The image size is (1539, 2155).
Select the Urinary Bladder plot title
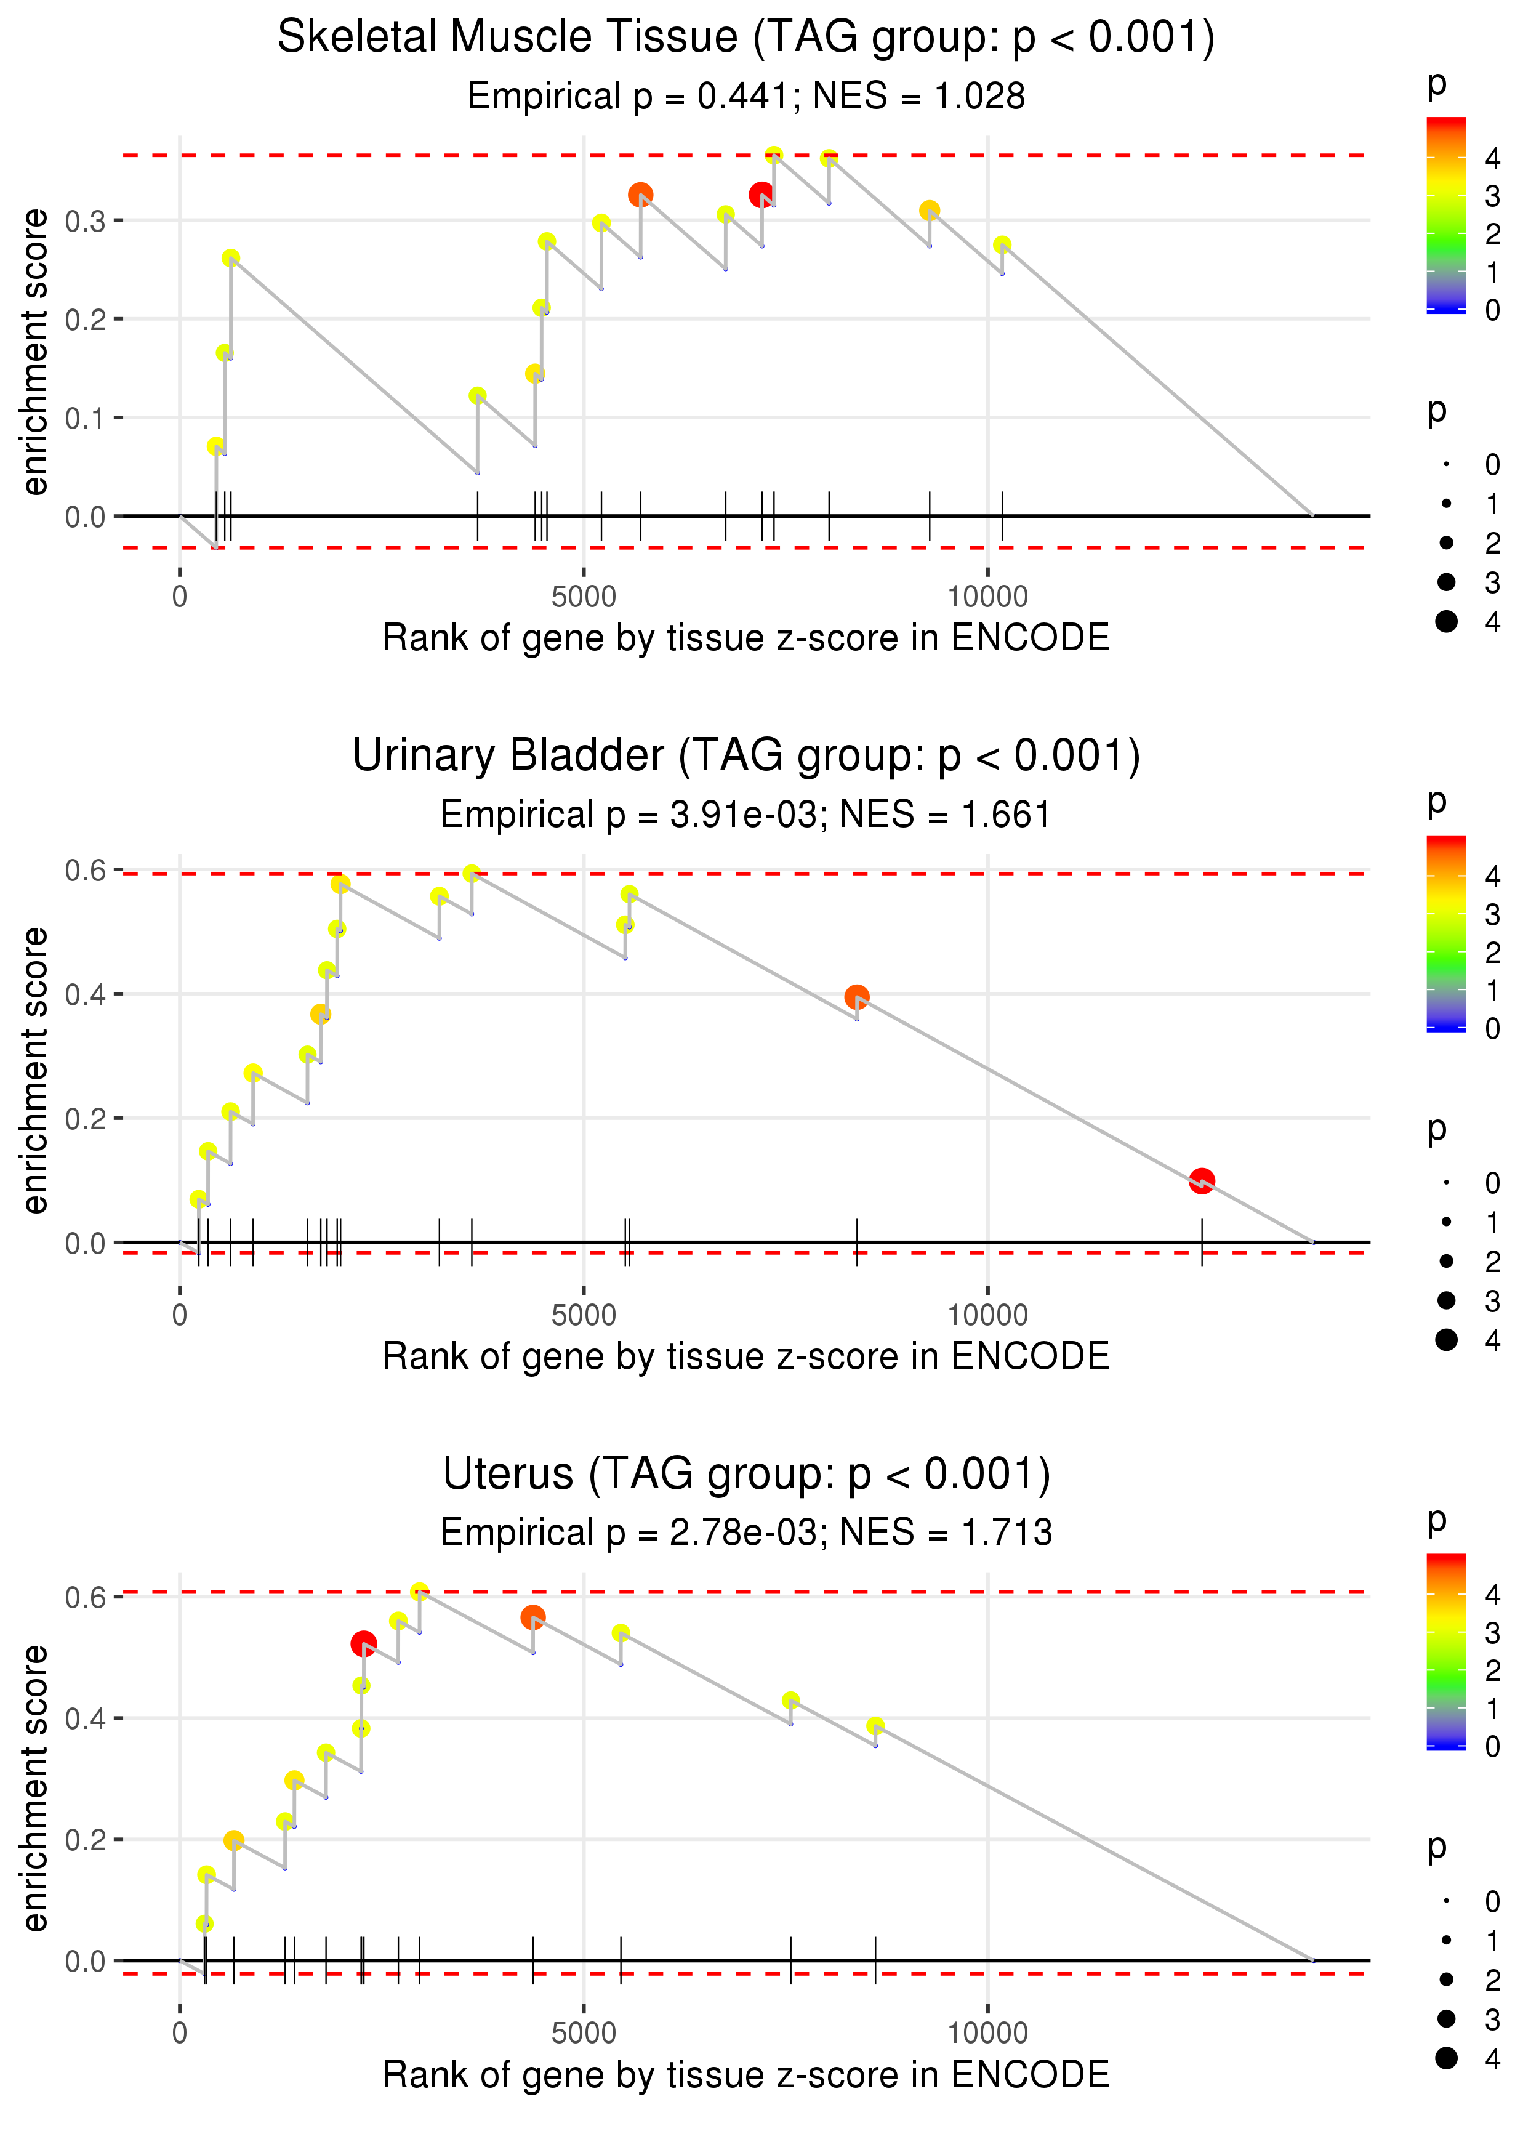pyautogui.click(x=746, y=756)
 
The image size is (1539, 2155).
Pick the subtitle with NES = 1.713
pyautogui.click(x=746, y=1533)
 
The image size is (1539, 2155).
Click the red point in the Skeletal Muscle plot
pyautogui.click(x=760, y=195)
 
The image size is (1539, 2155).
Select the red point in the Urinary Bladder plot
pyautogui.click(x=1202, y=1181)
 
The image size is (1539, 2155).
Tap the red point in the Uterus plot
pyautogui.click(x=363, y=1643)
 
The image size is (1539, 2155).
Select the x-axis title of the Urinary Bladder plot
pyautogui.click(x=746, y=1356)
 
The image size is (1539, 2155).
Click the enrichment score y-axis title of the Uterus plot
pyautogui.click(x=35, y=1787)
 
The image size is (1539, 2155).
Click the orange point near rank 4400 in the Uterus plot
pyautogui.click(x=532, y=1617)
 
